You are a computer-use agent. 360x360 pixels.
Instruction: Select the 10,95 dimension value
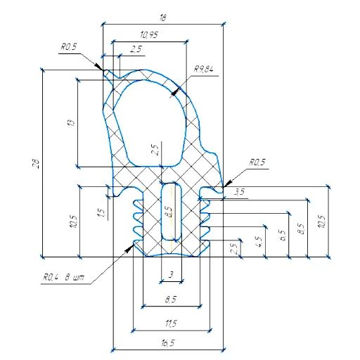click(x=148, y=34)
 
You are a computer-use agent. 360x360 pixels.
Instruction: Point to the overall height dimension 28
click(x=36, y=164)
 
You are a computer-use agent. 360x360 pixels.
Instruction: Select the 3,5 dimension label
click(x=239, y=191)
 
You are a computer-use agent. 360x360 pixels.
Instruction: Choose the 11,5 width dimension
click(x=172, y=323)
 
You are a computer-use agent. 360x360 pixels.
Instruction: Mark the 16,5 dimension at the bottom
click(x=167, y=342)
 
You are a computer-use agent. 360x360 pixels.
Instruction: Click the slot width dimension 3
click(x=170, y=275)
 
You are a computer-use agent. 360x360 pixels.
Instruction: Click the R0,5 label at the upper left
click(x=68, y=48)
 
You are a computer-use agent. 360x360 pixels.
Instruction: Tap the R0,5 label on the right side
click(x=257, y=162)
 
